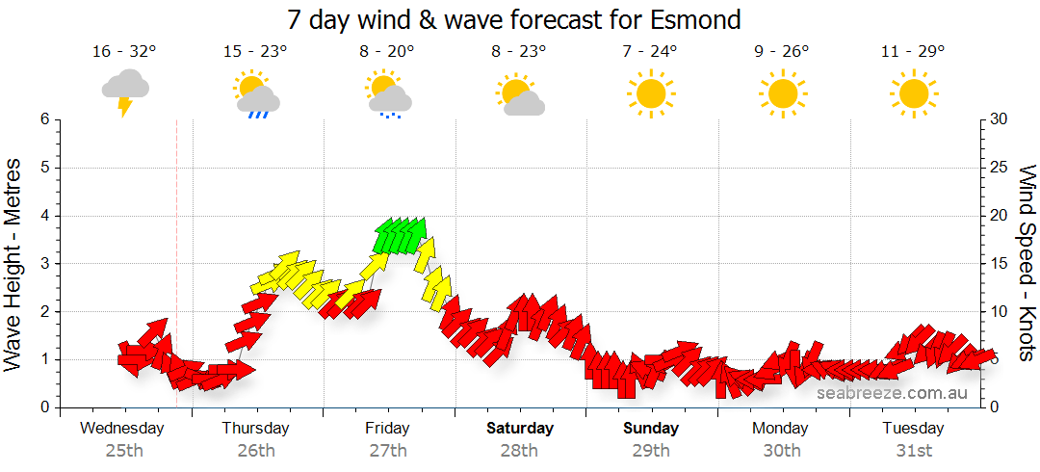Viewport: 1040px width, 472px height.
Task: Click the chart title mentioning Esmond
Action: [514, 18]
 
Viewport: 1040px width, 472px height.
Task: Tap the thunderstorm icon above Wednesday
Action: [125, 92]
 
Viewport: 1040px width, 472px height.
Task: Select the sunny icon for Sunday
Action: [650, 93]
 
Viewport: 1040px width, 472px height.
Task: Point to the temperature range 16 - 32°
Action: [124, 52]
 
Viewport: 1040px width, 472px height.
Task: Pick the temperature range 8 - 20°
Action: [387, 52]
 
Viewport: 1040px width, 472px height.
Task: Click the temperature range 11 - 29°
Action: [912, 52]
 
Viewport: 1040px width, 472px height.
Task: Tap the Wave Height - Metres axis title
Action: [14, 264]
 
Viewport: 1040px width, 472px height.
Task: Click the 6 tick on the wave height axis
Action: [43, 119]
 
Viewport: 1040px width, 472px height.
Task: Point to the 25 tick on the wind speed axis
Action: [1000, 168]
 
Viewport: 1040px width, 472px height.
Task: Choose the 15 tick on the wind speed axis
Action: [1000, 264]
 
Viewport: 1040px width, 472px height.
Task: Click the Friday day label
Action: [387, 429]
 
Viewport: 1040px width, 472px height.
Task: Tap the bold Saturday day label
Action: [520, 429]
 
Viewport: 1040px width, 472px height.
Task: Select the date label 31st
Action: [913, 450]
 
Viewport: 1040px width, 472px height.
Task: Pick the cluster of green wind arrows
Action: [400, 235]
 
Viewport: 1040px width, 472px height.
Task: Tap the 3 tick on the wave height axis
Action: [43, 264]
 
